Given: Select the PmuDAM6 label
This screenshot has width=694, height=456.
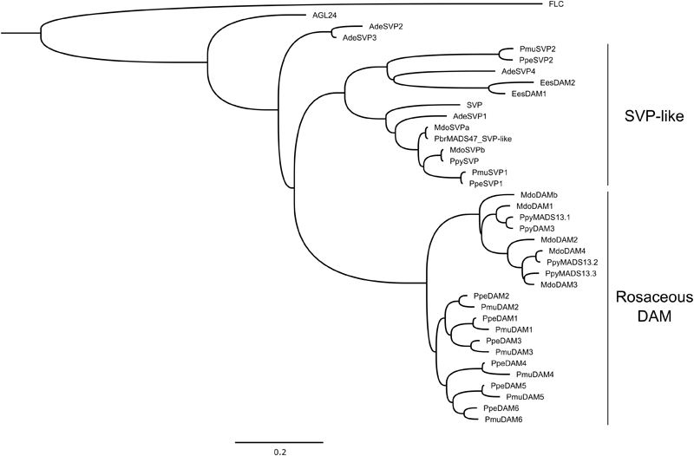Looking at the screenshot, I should click(503, 420).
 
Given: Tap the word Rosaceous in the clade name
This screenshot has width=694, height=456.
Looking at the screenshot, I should click(654, 297).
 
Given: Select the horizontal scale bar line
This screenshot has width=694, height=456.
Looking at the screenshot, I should click(278, 440).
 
